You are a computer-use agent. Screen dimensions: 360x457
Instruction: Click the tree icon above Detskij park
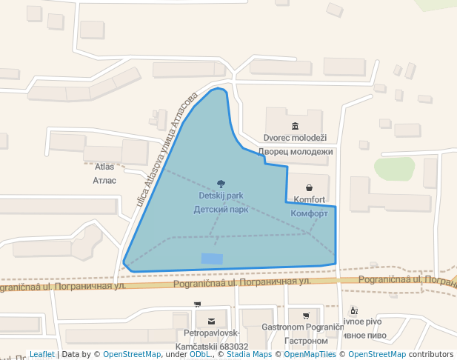click(221, 184)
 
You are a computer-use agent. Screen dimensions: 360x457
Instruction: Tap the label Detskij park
click(221, 196)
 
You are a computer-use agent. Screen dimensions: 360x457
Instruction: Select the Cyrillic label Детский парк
click(221, 209)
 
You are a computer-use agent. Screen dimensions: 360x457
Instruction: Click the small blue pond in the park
click(211, 258)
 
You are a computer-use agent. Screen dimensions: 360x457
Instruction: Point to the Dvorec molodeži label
click(295, 138)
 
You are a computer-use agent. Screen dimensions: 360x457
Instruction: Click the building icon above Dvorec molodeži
click(296, 126)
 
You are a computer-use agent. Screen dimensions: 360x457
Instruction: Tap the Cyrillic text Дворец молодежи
click(296, 152)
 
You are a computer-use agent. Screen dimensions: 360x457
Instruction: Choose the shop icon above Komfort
click(309, 187)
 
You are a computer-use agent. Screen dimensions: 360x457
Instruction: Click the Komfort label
click(309, 200)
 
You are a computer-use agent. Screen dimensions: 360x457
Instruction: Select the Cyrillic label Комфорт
click(309, 213)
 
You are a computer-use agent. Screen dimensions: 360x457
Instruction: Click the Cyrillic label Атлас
click(104, 180)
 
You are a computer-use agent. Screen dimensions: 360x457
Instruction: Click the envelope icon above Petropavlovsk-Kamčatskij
click(211, 321)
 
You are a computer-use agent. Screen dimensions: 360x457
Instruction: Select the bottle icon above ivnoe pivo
click(353, 310)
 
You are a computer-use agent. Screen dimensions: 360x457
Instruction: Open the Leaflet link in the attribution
click(42, 355)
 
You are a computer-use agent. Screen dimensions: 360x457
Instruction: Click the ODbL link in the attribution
click(200, 355)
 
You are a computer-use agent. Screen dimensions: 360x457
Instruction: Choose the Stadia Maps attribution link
click(249, 355)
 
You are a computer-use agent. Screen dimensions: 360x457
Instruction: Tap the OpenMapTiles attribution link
click(310, 355)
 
